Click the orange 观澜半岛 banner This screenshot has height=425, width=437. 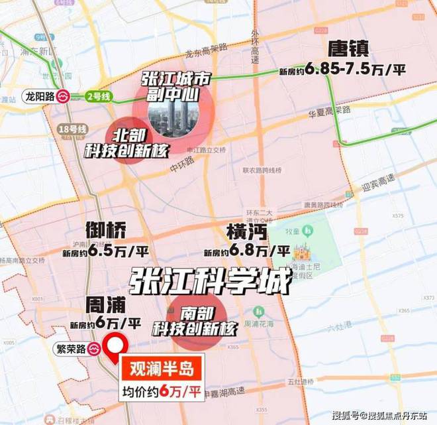pos(160,367)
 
